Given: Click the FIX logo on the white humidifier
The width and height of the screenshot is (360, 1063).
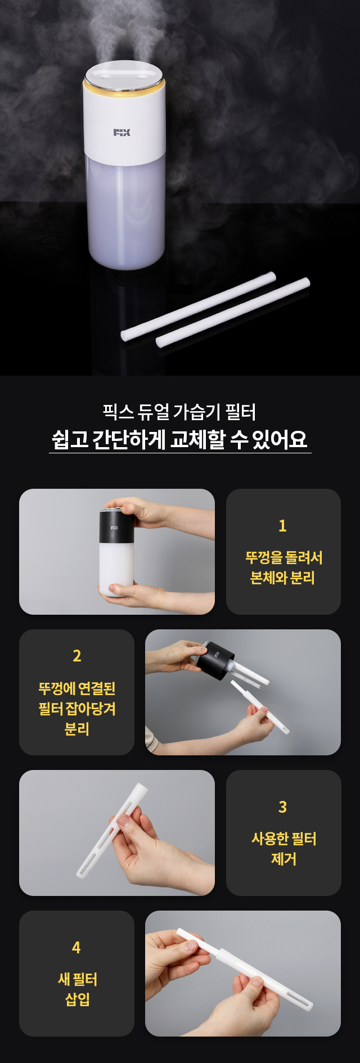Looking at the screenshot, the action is pyautogui.click(x=121, y=132).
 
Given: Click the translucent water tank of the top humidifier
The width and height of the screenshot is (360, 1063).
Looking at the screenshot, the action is pyautogui.click(x=126, y=210).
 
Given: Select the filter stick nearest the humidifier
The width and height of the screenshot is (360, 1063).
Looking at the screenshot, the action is pyautogui.click(x=199, y=306).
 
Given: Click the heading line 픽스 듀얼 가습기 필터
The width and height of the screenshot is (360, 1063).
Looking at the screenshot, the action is pyautogui.click(x=179, y=412).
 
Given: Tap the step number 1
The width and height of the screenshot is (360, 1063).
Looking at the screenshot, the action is pyautogui.click(x=282, y=526).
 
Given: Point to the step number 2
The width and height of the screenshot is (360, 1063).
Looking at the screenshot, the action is pyautogui.click(x=77, y=656).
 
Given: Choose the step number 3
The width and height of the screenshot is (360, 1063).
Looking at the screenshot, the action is pyautogui.click(x=283, y=807).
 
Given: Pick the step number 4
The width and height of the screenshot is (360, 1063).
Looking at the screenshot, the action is pyautogui.click(x=76, y=948).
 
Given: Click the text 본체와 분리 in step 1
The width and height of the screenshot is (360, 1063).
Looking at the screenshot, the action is pyautogui.click(x=282, y=578).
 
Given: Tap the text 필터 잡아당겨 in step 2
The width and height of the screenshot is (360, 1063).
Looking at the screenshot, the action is pyautogui.click(x=77, y=708).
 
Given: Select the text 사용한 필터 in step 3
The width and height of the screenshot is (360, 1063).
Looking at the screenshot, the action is pyautogui.click(x=283, y=839).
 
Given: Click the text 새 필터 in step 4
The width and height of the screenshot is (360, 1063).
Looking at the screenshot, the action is pyautogui.click(x=77, y=979).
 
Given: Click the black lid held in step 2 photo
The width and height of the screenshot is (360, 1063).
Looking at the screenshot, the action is pyautogui.click(x=215, y=659).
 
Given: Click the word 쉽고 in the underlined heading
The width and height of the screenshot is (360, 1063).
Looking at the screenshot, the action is pyautogui.click(x=70, y=439).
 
